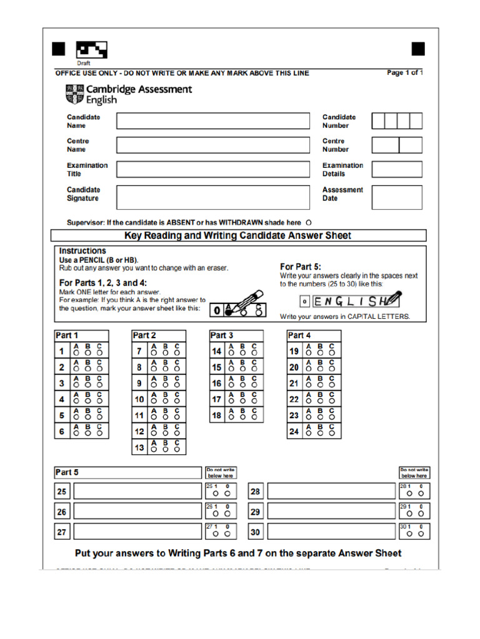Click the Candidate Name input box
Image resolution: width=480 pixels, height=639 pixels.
pos(212,121)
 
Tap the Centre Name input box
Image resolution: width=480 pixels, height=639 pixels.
pos(212,145)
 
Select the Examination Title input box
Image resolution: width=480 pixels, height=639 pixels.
pos(212,170)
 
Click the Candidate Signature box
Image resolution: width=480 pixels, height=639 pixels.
pos(212,197)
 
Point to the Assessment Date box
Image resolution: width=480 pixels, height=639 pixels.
pos(396,197)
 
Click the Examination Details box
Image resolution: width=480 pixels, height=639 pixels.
pos(396,170)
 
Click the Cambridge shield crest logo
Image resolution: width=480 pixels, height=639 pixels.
pos(73,94)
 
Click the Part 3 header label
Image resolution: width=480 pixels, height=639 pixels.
pos(222,336)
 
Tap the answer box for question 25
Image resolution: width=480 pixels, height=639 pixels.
pos(137,492)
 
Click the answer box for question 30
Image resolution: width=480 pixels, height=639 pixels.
pos(331,532)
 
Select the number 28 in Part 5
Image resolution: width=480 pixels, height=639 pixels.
pos(255,492)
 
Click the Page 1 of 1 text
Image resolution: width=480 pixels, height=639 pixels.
pos(404,73)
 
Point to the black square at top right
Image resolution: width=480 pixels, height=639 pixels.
pos(418,49)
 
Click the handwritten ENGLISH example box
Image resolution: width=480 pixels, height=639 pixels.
pos(347,301)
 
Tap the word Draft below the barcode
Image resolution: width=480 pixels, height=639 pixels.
pos(84,63)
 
